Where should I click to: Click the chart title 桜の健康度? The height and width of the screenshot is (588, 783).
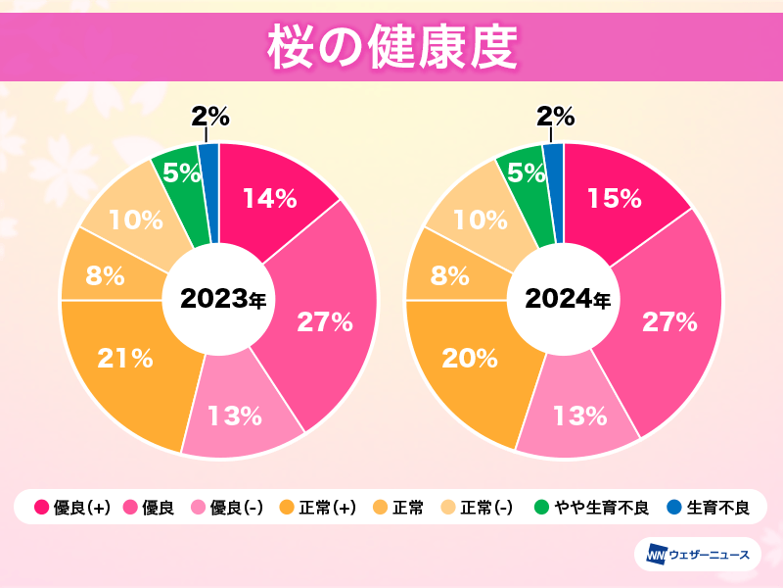point(391,47)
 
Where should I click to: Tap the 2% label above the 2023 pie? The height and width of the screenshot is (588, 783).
point(210,118)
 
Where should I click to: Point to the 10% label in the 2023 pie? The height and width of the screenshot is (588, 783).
point(135,220)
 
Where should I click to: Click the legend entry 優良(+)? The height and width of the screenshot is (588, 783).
point(72,508)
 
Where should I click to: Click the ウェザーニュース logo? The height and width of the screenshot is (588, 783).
point(698,556)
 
